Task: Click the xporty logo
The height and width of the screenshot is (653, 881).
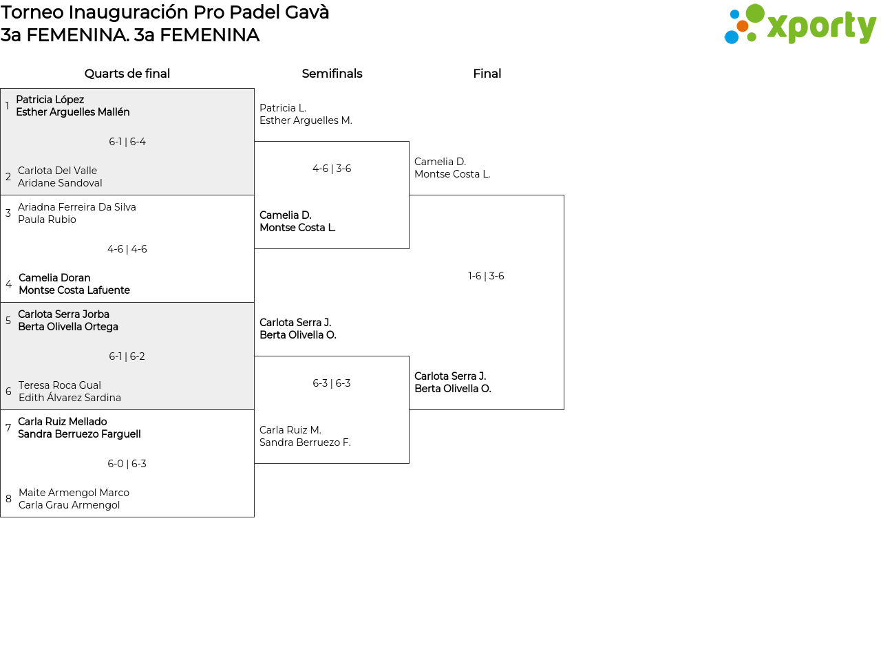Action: pyautogui.click(x=800, y=25)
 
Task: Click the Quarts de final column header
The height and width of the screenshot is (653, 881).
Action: pyautogui.click(x=127, y=74)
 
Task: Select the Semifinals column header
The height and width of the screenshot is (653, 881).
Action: pyautogui.click(x=332, y=74)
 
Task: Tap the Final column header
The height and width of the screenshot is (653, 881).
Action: pyautogui.click(x=487, y=74)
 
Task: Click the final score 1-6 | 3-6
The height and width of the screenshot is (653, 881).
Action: pyautogui.click(x=486, y=276)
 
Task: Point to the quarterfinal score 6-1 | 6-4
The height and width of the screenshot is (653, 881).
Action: pyautogui.click(x=127, y=142)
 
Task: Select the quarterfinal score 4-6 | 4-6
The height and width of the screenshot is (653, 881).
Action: pyautogui.click(x=127, y=249)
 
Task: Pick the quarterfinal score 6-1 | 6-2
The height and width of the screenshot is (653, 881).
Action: pyautogui.click(x=127, y=356)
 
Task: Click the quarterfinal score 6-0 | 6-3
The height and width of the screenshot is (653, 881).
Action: pyautogui.click(x=127, y=464)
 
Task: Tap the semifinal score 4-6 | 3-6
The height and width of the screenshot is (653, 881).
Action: pyautogui.click(x=332, y=169)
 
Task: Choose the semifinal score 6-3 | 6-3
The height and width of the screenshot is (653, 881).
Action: pyautogui.click(x=332, y=383)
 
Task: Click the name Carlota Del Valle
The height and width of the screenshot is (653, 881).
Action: pyautogui.click(x=57, y=171)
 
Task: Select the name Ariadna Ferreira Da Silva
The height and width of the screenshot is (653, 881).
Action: pyautogui.click(x=77, y=207)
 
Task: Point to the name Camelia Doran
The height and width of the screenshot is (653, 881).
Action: pyautogui.click(x=54, y=278)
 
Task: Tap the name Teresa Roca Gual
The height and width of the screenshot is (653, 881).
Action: pyautogui.click(x=60, y=385)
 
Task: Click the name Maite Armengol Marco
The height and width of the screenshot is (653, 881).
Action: pyautogui.click(x=74, y=493)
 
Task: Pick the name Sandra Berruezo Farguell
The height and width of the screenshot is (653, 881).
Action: pyautogui.click(x=79, y=434)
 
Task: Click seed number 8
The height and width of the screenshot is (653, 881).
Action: pyautogui.click(x=8, y=499)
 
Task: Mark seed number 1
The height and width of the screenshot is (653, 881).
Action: pyautogui.click(x=7, y=106)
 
